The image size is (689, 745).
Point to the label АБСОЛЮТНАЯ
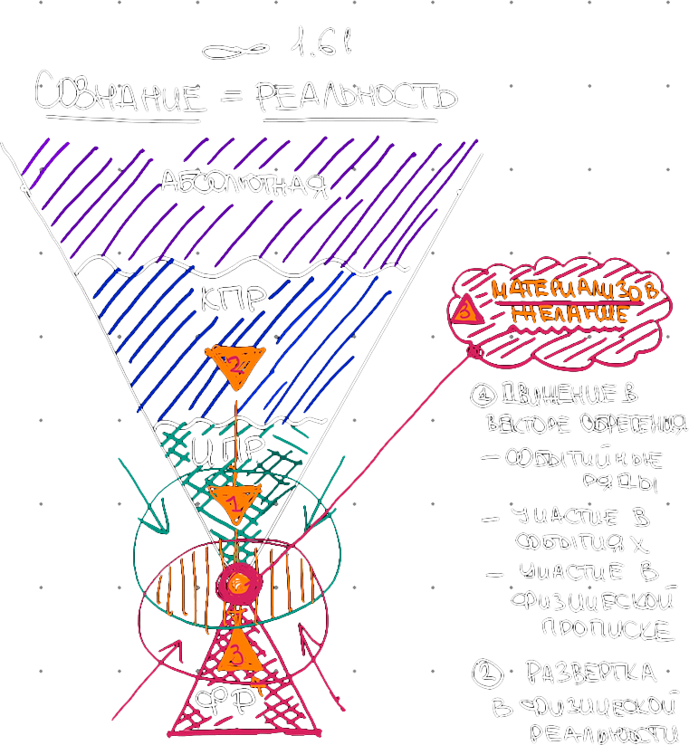tap(243, 185)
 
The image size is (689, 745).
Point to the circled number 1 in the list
tap(480, 395)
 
